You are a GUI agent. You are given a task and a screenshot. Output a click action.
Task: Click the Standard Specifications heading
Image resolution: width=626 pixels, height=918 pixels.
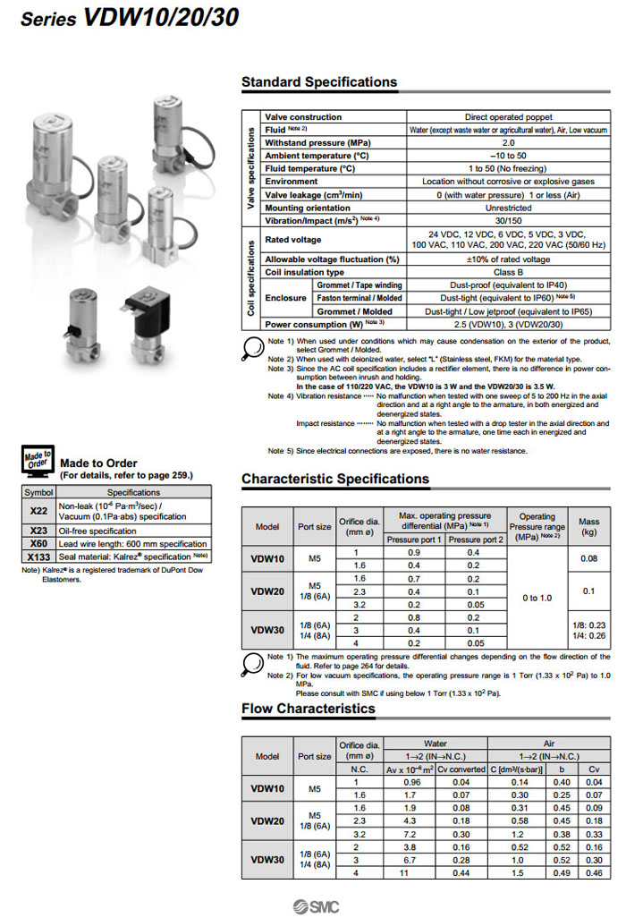tap(319, 82)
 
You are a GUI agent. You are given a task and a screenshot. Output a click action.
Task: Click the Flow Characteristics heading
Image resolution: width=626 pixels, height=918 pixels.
tap(308, 709)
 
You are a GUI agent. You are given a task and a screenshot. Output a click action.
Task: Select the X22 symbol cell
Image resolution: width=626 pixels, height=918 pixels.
tap(38, 509)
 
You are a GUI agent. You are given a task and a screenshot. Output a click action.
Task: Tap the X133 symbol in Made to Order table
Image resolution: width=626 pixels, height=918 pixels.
tap(38, 556)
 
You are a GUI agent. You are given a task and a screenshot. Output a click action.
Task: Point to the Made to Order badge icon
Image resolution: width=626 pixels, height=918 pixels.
tap(37, 461)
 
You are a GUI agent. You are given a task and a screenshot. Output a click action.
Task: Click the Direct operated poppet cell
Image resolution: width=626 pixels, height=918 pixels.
tap(508, 117)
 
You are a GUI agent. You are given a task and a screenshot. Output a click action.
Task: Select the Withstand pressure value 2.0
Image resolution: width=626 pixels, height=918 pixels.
tap(508, 142)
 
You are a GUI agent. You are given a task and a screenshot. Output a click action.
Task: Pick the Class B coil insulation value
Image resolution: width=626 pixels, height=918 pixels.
tap(508, 272)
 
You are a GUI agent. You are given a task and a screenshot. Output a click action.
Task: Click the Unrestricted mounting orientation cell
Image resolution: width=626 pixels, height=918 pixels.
tap(508, 208)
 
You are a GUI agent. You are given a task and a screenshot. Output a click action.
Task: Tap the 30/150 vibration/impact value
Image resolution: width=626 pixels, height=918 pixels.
tap(508, 220)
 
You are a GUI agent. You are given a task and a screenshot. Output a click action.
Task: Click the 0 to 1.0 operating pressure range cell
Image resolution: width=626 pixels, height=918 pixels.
tap(537, 598)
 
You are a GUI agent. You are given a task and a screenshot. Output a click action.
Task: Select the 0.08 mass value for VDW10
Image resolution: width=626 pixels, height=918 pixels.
tap(588, 558)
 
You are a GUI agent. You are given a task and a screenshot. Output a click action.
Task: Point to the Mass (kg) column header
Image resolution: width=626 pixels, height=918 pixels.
tap(588, 525)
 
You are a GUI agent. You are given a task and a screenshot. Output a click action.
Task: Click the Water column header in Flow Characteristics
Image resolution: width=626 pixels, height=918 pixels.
tap(435, 744)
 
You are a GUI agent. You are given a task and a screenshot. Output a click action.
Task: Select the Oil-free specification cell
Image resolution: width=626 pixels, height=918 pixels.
tap(134, 531)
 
